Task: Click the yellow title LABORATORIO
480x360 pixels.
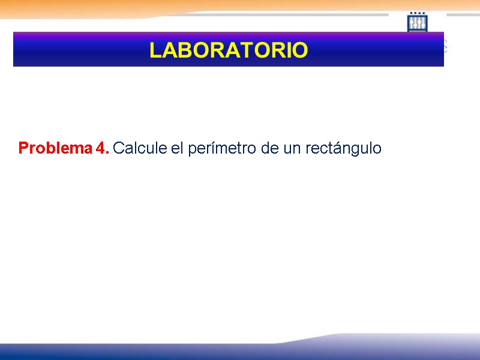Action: click(229, 50)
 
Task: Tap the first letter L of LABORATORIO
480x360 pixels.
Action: click(155, 50)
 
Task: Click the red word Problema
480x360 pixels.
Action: click(55, 148)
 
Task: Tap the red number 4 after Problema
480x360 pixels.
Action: click(100, 148)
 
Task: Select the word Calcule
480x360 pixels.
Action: click(140, 148)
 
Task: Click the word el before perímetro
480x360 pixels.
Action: click(177, 148)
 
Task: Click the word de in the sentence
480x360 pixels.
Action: click(270, 148)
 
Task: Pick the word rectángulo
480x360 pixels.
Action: click(343, 148)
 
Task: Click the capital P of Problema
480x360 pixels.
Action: click(23, 148)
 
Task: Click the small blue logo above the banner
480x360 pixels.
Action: click(417, 22)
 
